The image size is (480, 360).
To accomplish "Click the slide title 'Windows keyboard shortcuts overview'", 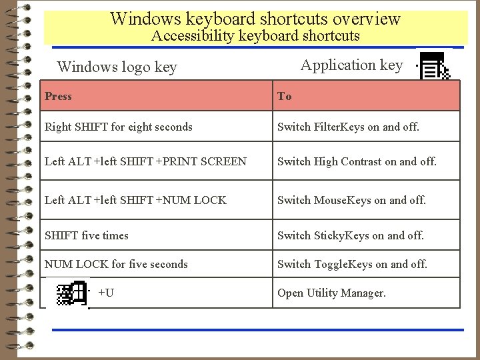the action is (255, 18).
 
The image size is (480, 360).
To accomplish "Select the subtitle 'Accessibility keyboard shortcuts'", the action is (255, 36).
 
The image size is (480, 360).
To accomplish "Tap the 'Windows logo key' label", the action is (117, 67).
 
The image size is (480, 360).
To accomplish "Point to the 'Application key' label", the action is (351, 65).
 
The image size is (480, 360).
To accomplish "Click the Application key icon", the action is (435, 66).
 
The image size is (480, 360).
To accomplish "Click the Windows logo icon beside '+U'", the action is (73, 293).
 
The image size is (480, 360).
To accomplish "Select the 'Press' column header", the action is (58, 96).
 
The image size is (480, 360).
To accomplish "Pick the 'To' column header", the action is (285, 96).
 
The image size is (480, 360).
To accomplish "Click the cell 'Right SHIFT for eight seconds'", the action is (119, 127).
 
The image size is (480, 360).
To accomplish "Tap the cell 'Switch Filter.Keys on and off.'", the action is (348, 127).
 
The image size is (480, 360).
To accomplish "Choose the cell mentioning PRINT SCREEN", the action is (145, 161).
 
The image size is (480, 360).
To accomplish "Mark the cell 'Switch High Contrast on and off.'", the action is (357, 161).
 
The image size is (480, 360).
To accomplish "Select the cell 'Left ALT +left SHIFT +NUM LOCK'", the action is (135, 199).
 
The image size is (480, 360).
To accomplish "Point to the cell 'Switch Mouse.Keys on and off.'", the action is (351, 199).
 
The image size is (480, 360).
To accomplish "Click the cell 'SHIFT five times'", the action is (87, 235).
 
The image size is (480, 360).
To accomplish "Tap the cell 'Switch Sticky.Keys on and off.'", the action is (350, 235).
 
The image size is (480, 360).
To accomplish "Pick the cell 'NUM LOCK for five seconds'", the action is (116, 264).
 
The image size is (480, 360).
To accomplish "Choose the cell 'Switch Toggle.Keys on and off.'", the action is (352, 264).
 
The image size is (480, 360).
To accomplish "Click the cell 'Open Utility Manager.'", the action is (331, 293).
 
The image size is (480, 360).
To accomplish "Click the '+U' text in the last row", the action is (105, 293).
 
